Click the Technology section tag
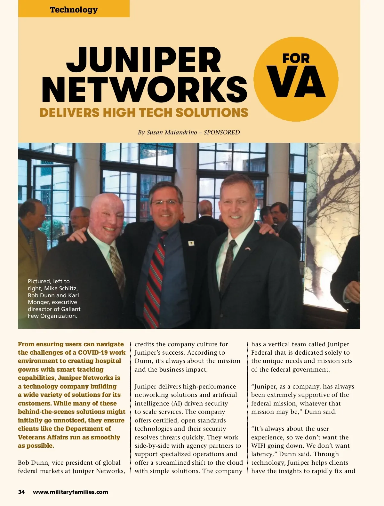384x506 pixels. [x=74, y=10]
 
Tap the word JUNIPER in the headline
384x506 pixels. [x=144, y=60]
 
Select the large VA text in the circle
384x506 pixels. [x=296, y=82]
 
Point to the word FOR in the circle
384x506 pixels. [x=296, y=58]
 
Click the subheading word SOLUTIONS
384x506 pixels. [x=212, y=113]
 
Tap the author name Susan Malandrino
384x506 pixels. [x=172, y=133]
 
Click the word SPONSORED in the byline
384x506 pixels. [x=222, y=133]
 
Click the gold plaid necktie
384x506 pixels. [x=117, y=269]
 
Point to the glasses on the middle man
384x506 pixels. [x=165, y=202]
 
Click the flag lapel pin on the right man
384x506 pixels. [x=248, y=248]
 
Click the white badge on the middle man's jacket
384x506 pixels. [x=191, y=243]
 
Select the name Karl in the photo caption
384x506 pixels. [x=73, y=295]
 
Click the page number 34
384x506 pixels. [x=21, y=492]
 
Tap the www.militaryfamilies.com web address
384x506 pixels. [x=70, y=492]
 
